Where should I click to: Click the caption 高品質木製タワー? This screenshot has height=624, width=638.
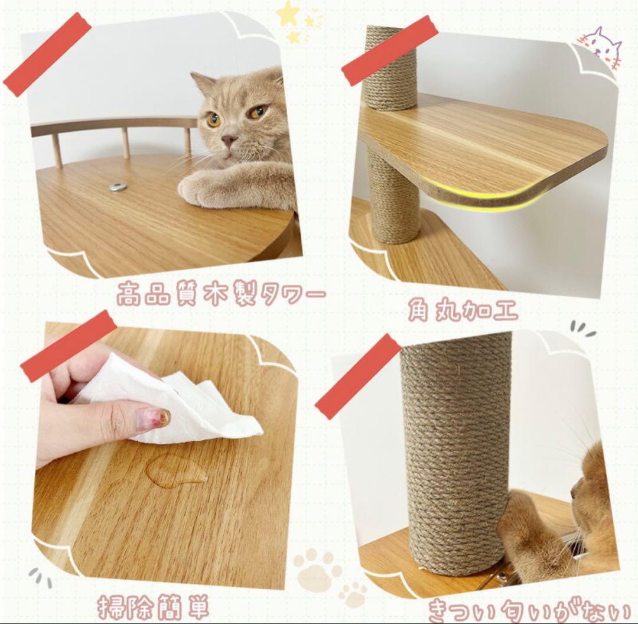[221, 294]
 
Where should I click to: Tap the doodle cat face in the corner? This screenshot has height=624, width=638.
[601, 47]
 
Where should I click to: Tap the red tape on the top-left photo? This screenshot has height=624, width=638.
[47, 54]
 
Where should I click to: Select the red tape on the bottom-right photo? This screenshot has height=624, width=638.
[358, 376]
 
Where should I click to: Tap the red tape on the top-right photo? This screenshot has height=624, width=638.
[389, 50]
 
